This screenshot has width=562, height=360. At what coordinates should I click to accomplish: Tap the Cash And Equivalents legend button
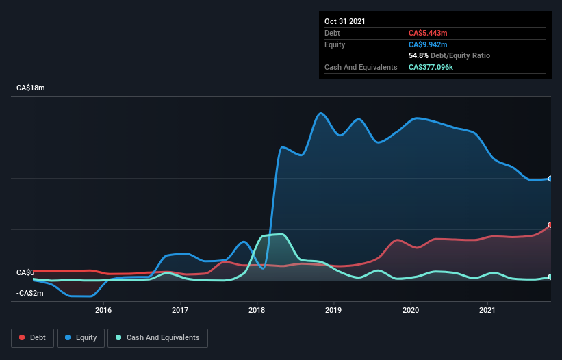point(157,338)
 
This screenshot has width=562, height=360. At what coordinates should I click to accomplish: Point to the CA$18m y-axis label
point(31,88)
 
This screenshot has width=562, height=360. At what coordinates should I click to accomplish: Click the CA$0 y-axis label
point(25,272)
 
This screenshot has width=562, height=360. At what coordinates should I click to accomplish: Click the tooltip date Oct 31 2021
point(345,21)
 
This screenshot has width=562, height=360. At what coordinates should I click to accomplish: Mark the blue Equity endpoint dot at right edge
point(550,179)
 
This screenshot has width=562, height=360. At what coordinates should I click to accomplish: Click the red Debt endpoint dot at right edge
point(550,224)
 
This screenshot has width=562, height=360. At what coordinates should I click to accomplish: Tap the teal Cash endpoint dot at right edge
point(550,277)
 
